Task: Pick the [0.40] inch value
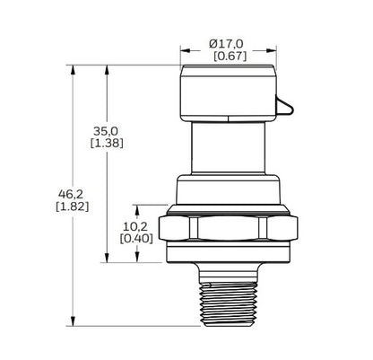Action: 136,241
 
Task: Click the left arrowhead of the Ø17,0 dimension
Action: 184,50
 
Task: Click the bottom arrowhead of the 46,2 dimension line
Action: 71,326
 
